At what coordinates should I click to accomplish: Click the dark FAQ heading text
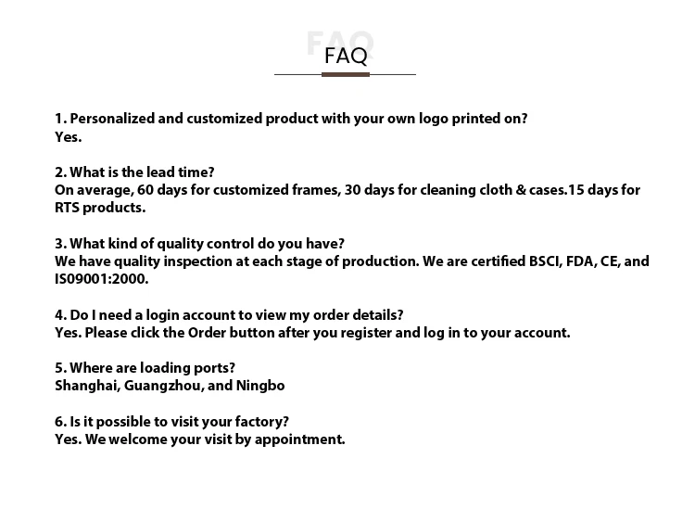[x=346, y=56]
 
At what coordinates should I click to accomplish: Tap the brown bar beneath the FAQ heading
[x=346, y=74]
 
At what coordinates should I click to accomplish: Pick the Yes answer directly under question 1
[x=68, y=136]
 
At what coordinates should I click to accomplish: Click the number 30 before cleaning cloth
[x=354, y=190]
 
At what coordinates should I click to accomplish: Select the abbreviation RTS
[x=69, y=208]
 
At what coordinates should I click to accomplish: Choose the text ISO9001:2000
[x=101, y=279]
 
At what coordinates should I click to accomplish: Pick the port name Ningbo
[x=262, y=386]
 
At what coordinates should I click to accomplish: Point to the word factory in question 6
[x=260, y=422]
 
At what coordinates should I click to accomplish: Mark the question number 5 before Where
[x=59, y=368]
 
